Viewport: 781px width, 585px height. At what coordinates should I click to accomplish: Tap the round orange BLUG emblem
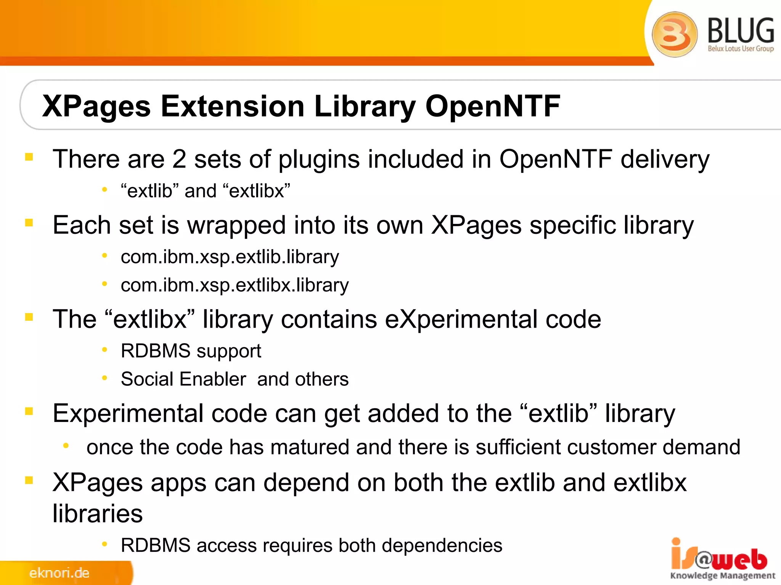pos(674,34)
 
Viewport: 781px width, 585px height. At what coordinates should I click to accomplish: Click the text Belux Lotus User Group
pos(741,49)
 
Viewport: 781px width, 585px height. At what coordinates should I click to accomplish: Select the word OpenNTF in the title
pos(493,106)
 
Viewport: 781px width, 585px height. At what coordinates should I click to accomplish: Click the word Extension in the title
pos(233,106)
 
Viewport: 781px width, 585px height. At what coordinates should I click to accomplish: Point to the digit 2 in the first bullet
pos(179,159)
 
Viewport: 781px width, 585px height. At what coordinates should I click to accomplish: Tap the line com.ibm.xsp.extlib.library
pos(230,257)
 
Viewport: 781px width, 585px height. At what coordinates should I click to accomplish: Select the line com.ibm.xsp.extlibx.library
pos(235,285)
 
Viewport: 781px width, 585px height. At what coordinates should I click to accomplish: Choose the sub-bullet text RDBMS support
pos(191,351)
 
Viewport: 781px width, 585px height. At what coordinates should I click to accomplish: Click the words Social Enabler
pos(183,379)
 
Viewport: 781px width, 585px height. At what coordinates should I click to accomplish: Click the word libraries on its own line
pos(98,513)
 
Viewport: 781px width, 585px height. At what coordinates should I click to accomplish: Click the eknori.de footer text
pos(59,573)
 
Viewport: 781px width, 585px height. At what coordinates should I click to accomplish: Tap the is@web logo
pos(718,556)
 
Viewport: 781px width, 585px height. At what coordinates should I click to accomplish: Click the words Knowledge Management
pos(723,575)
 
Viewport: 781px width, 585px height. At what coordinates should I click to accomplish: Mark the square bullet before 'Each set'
pos(29,222)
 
